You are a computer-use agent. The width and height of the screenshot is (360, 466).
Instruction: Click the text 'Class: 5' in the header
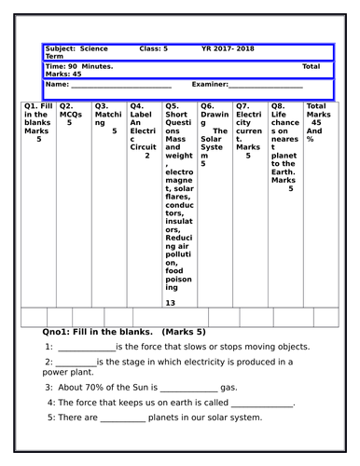tap(153, 48)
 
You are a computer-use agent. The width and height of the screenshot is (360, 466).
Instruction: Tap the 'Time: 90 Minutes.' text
tap(79, 67)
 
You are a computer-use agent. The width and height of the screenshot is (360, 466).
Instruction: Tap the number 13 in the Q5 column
tap(170, 303)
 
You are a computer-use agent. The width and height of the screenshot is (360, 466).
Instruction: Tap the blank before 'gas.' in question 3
tap(187, 388)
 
